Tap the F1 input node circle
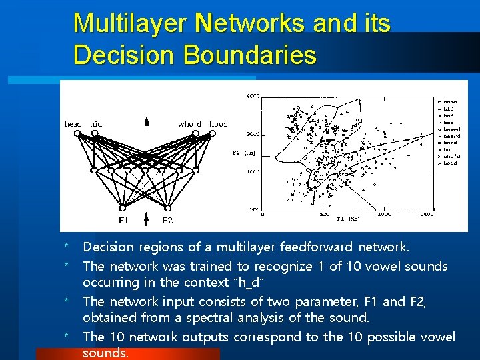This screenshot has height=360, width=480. click(x=123, y=206)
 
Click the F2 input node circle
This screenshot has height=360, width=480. click(x=167, y=206)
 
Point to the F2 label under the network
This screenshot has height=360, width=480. click(x=167, y=220)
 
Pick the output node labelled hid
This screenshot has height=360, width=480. click(x=95, y=133)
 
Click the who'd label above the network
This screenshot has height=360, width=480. click(x=190, y=124)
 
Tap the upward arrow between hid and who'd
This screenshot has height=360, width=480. click(x=147, y=123)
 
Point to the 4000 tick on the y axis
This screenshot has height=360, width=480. click(x=254, y=97)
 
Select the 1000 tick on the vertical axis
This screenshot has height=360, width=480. click(x=254, y=171)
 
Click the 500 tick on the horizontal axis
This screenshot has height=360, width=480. click(x=325, y=215)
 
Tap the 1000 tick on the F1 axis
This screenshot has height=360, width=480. click(x=384, y=215)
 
